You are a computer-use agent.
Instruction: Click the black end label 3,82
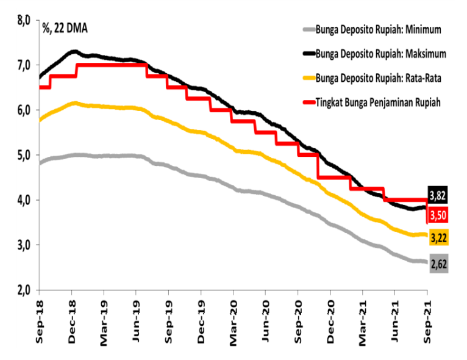click(438, 195)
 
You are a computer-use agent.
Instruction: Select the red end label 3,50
click(438, 215)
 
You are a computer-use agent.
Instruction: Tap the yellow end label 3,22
click(438, 236)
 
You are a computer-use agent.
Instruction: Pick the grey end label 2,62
click(438, 264)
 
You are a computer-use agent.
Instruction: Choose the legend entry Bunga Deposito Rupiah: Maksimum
click(380, 53)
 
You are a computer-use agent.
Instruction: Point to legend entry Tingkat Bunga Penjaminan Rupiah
click(378, 101)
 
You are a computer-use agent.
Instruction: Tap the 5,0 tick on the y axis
click(24, 155)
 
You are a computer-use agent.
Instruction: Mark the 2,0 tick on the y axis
click(24, 290)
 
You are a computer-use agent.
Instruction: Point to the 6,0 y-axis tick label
click(24, 110)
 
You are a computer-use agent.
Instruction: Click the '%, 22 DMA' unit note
click(65, 26)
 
